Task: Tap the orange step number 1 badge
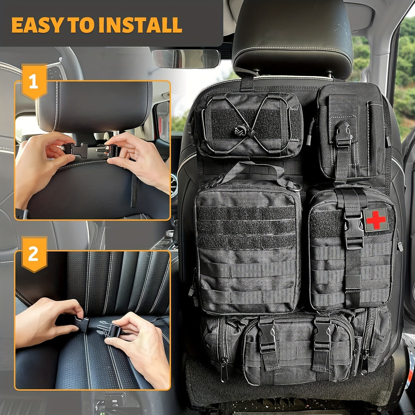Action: pos(34,81)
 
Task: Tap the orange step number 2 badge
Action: pos(34,255)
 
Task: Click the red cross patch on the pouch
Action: pos(376,220)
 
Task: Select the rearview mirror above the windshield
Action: pos(186,58)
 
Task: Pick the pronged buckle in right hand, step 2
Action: pos(109,329)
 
